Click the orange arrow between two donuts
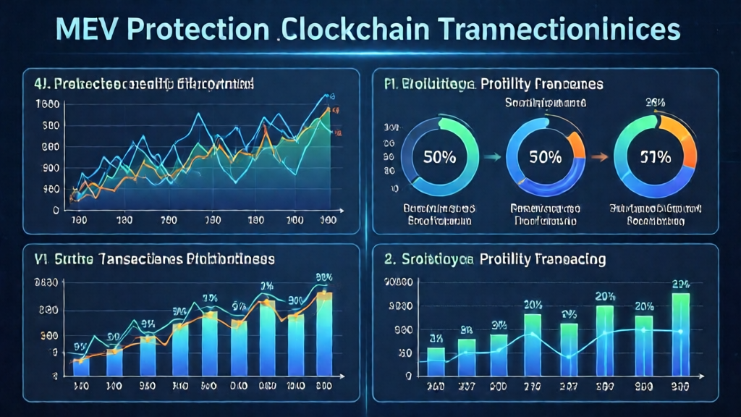pyautogui.click(x=599, y=156)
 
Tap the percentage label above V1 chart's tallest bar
pyautogui.click(x=323, y=278)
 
